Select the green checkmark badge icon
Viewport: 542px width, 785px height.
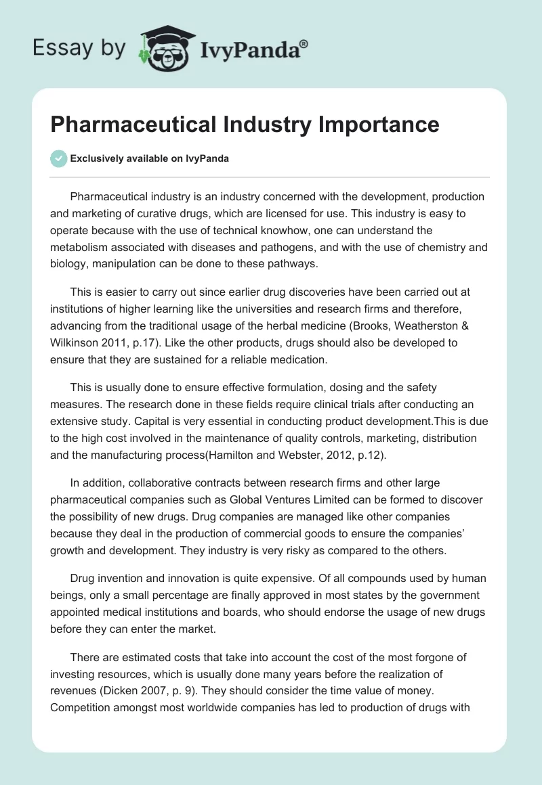(x=59, y=158)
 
